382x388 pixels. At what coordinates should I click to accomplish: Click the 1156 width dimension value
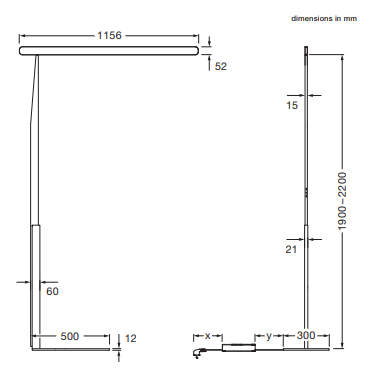(x=109, y=35)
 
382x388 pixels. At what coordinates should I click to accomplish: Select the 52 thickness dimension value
(x=221, y=66)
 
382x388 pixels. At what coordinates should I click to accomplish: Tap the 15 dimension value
(x=292, y=106)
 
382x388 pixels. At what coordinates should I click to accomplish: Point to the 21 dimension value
(x=291, y=249)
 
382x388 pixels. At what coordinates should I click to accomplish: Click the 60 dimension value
(x=52, y=291)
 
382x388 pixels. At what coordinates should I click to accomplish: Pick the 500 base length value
(x=70, y=336)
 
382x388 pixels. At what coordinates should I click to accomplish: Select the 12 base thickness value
(x=131, y=338)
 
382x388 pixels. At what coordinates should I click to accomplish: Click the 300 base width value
(x=306, y=335)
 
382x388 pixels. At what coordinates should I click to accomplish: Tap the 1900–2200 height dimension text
(x=342, y=201)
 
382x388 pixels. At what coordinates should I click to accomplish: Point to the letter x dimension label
(x=208, y=336)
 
